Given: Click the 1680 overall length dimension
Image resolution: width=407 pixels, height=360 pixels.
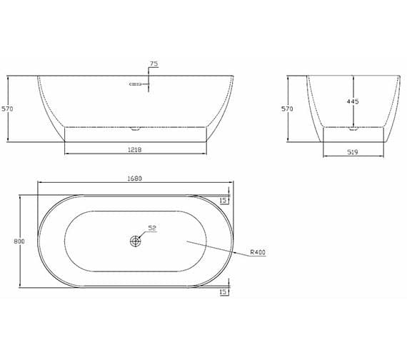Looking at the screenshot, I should pos(136,179).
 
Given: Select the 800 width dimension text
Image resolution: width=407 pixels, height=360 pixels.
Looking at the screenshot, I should pos(19,241).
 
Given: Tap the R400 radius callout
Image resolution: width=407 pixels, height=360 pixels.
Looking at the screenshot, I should pos(258,251).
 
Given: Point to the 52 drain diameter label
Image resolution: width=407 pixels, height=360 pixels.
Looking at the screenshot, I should pos(151,228).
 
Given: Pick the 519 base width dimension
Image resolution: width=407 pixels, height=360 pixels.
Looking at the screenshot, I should pos(352,151).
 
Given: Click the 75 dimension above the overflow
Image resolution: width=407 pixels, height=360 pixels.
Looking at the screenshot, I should pos(154,64).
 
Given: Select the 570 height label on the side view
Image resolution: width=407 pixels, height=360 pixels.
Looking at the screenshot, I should pos(7,109).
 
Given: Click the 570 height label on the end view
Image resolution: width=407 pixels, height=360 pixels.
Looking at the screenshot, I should pos(287,109).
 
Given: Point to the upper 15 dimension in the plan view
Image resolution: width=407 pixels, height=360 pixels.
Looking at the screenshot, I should pos(223,201).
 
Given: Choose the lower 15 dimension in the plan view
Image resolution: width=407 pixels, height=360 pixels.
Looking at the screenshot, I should pos(223,292).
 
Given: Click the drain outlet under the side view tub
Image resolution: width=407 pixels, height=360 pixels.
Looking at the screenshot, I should pos(136,129).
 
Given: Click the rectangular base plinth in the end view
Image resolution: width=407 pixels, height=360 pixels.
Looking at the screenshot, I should pos(352,135).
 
